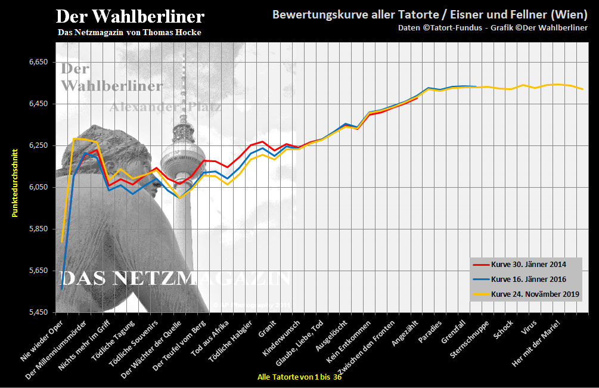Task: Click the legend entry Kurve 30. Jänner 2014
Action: click(528, 264)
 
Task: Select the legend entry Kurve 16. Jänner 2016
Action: click(528, 279)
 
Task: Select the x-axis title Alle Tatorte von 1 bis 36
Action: click(299, 377)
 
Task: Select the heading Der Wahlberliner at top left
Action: click(130, 16)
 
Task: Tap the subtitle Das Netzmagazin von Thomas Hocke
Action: click(129, 32)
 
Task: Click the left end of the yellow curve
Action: click(62, 241)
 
